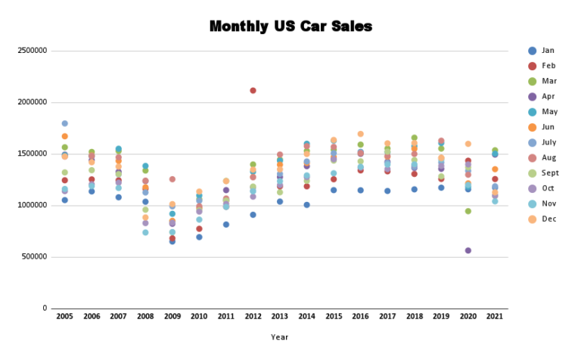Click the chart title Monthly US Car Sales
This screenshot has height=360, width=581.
(290, 26)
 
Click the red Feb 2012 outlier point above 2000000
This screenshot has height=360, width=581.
(253, 91)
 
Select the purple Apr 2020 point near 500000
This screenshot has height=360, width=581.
(468, 250)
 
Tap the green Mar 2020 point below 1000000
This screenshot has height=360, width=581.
(468, 211)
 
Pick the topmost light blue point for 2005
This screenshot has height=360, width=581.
(64, 123)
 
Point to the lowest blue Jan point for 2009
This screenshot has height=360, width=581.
(172, 241)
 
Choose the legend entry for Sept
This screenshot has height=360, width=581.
(549, 173)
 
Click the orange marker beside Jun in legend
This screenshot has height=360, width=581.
(533, 127)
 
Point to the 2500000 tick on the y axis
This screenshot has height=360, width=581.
(33, 51)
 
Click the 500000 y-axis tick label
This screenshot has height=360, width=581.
(35, 257)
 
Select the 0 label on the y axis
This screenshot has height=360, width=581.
(45, 309)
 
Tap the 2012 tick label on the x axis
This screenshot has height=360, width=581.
(253, 316)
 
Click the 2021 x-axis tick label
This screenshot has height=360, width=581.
(495, 316)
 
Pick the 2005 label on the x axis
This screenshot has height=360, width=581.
(64, 316)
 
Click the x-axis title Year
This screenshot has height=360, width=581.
(279, 337)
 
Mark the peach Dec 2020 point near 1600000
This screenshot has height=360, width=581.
(468, 144)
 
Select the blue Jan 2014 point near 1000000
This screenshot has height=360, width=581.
(306, 205)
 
